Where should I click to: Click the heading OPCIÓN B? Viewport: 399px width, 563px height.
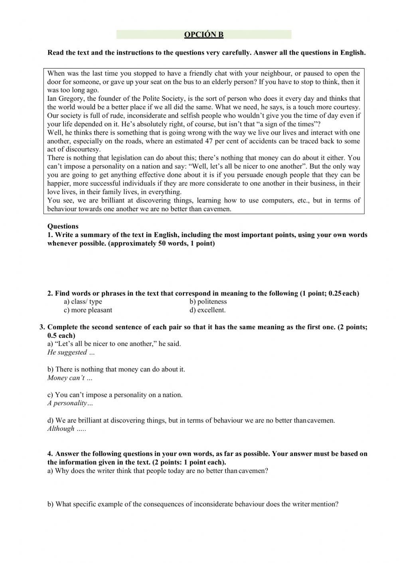pos(203,35)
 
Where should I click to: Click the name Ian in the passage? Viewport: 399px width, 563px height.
pos(52,99)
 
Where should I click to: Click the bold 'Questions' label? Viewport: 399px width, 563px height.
pos(63,226)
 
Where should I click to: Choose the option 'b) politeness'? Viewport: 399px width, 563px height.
pos(208,302)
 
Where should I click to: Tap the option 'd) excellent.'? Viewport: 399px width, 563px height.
pos(207,310)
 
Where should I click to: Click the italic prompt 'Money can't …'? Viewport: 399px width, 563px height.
pos(69,378)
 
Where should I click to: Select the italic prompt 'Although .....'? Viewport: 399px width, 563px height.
pos(67,429)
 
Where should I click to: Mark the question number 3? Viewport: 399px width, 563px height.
pos(42,327)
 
